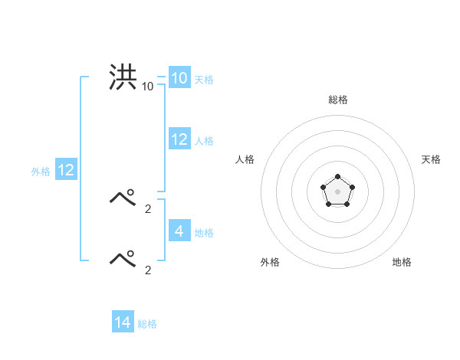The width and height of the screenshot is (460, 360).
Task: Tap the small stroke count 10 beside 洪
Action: point(147,87)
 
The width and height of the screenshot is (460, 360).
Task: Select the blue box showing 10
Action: point(179,78)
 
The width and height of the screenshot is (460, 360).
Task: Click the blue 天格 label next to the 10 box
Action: point(203,80)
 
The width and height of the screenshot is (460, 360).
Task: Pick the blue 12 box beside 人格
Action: point(179,139)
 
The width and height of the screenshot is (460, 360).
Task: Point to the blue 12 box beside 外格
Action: point(66,170)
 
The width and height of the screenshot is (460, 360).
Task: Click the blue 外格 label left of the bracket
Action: point(41,172)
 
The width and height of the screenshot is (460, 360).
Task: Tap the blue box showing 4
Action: point(179,231)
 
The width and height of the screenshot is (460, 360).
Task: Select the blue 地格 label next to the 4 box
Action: point(203,233)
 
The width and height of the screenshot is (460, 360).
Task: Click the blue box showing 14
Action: point(122,322)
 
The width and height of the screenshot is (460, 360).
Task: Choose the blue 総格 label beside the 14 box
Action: point(147,325)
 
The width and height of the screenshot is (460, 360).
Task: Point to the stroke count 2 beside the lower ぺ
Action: point(148,270)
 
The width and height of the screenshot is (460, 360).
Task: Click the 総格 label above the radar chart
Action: point(337,100)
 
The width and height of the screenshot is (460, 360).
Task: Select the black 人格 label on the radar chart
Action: point(245,159)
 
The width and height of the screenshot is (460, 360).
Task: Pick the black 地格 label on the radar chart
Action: point(402,262)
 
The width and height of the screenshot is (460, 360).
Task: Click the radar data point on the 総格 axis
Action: point(337,177)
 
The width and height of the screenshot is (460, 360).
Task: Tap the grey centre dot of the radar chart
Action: point(337,191)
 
